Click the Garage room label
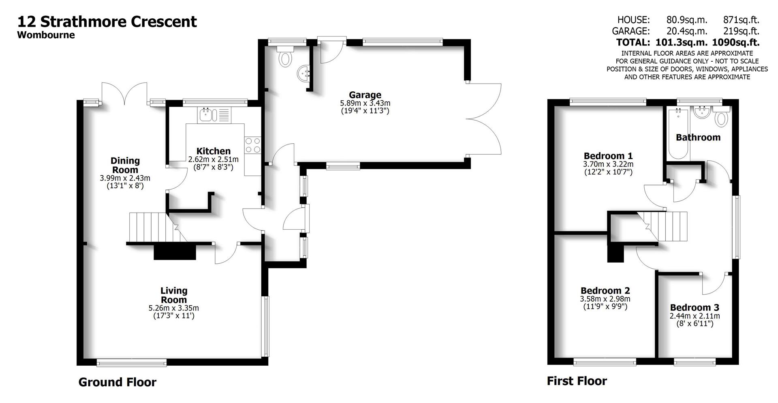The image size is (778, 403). pyautogui.click(x=365, y=95)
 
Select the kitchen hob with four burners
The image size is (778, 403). pyautogui.click(x=252, y=145)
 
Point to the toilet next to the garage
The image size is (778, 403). pyautogui.click(x=285, y=57)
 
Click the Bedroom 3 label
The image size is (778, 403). pyautogui.click(x=695, y=308)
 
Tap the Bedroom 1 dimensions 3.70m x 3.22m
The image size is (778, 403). pyautogui.click(x=608, y=164)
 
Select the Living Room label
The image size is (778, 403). pyautogui.click(x=174, y=295)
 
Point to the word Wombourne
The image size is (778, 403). pyautogui.click(x=46, y=35)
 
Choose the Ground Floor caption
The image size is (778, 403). pyautogui.click(x=117, y=382)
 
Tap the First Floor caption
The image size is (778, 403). pyautogui.click(x=577, y=381)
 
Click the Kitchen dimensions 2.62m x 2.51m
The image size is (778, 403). pyautogui.click(x=213, y=159)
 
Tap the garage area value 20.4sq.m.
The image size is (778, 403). pyautogui.click(x=687, y=31)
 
